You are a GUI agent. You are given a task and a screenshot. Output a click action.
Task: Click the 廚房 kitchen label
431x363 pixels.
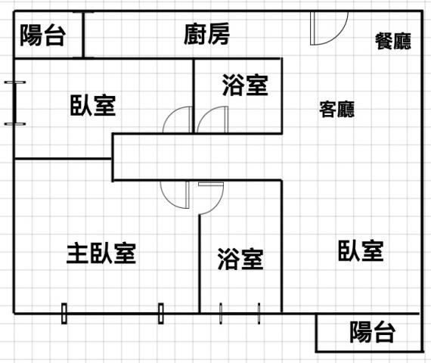pos(206,34)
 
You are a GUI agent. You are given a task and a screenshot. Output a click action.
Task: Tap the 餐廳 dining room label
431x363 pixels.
pos(393,42)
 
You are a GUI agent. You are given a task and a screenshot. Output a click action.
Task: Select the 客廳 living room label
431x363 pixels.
pos(337,110)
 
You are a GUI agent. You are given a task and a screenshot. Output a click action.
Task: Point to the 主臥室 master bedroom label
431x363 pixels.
pos(101,253)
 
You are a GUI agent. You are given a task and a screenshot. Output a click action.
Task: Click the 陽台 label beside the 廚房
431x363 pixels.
pos(42,35)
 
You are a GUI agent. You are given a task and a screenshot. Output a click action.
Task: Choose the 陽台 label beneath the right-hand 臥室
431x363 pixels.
pos(373,332)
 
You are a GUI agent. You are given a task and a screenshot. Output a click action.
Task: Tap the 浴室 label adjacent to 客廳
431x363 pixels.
pos(245,85)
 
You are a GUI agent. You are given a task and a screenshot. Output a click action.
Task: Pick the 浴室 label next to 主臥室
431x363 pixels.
pos(240,259)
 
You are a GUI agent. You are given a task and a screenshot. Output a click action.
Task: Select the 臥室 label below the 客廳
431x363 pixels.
pos(361,250)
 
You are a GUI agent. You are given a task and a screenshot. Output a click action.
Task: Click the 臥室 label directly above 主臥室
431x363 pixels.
pos(93,105)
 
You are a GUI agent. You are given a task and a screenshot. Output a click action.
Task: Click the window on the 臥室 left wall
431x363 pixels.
pos(15,103)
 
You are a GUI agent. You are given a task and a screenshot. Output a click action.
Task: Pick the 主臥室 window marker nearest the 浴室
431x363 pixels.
pos(161,314)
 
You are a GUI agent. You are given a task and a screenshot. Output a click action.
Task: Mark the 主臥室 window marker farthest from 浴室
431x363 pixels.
pos(64,314)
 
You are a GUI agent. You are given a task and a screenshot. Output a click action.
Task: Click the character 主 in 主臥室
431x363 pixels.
pos(78,253)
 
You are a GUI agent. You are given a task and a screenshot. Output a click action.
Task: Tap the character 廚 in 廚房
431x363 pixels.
pos(195,34)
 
